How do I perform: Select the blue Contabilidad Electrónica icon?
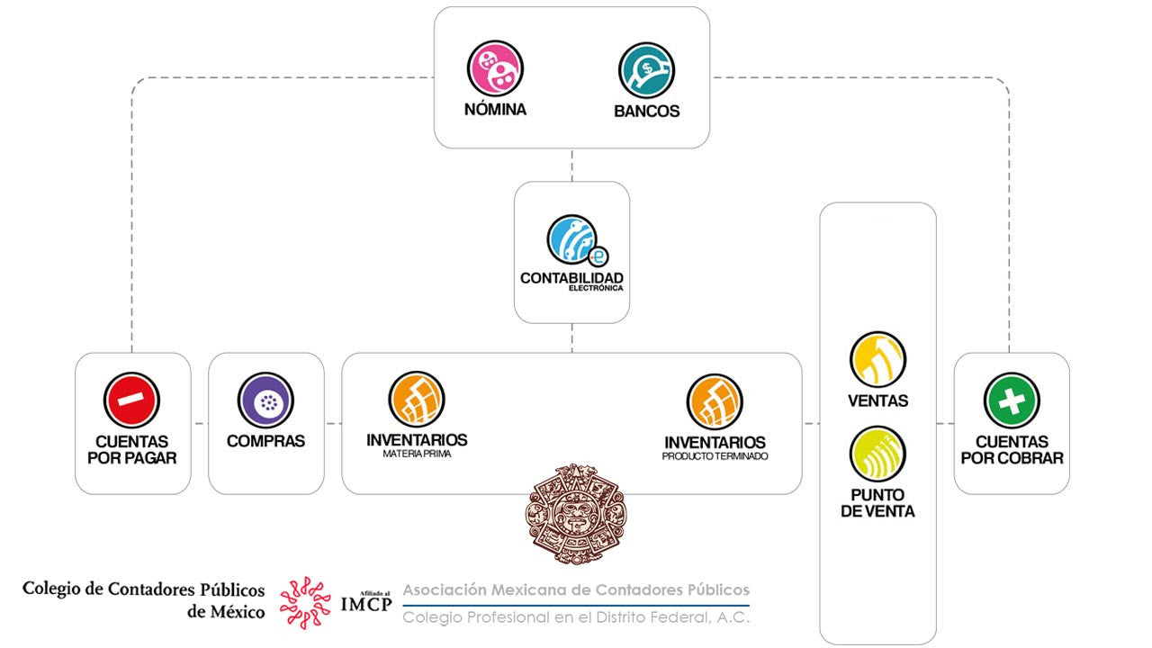(x=573, y=240)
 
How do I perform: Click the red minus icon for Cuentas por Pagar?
(x=131, y=400)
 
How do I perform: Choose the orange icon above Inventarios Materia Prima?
(x=417, y=400)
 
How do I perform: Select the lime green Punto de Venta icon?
(x=877, y=454)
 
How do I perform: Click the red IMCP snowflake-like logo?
(x=305, y=602)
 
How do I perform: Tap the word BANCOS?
(x=646, y=112)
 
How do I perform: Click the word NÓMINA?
(x=495, y=110)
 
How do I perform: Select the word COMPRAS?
(x=265, y=441)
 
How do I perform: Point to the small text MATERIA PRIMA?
(x=417, y=454)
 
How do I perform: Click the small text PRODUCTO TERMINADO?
(x=715, y=456)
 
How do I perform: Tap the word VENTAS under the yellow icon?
(x=877, y=400)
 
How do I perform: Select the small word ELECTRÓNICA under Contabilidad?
(x=595, y=289)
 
